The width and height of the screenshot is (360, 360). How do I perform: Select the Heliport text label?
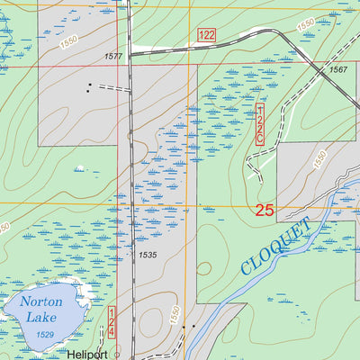(87, 355)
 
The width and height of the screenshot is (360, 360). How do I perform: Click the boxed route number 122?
(206, 34)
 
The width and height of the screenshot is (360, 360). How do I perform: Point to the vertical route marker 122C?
(260, 123)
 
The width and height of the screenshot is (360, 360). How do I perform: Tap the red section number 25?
(264, 211)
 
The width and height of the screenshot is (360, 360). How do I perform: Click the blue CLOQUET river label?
(275, 246)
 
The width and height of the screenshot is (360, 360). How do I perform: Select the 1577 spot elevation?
(113, 56)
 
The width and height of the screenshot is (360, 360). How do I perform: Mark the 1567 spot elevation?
(337, 69)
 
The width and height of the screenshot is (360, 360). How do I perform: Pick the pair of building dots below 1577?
(88, 88)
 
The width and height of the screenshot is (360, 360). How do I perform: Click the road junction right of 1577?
(130, 55)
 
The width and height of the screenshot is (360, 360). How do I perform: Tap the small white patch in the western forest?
(79, 167)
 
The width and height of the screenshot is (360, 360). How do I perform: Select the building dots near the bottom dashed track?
(188, 327)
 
